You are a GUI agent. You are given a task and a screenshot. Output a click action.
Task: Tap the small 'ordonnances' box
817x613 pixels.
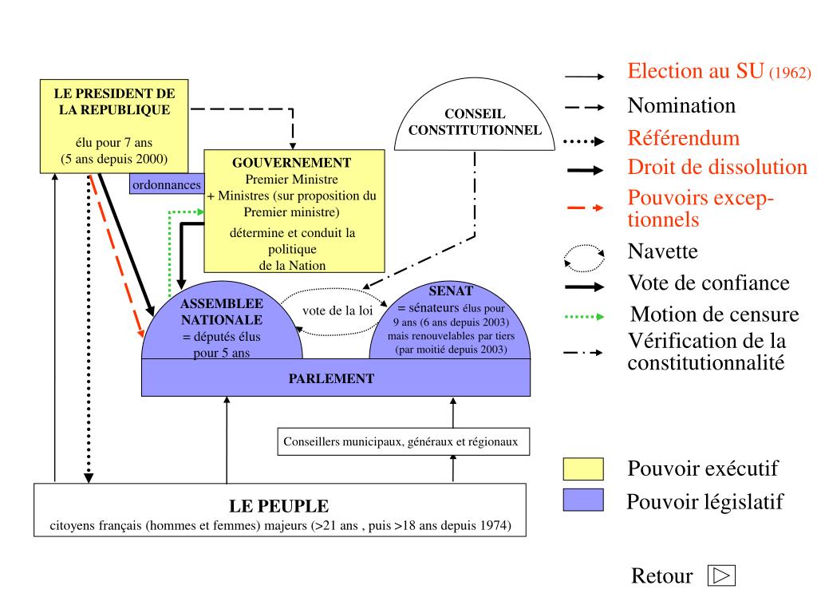pos(167,184)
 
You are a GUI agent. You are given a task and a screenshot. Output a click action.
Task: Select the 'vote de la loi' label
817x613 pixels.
pos(337,310)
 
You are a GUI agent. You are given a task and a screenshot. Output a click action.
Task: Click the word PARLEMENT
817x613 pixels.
pos(331,378)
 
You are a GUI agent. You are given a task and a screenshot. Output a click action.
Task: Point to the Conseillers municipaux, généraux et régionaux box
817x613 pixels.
pos(403,441)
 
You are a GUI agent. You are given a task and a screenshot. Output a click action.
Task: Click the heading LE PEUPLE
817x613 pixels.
pos(278,506)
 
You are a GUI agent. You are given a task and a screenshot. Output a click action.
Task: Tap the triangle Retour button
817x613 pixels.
pos(721,575)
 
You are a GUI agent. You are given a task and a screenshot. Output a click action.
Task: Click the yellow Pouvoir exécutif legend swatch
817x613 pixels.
pos(583,469)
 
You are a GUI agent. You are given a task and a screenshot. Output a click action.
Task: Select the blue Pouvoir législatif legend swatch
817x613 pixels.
pos(583,500)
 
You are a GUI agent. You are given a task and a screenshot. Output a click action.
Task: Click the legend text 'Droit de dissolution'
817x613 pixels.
pos(717,168)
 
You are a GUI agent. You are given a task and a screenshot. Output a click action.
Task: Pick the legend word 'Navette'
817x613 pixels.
pos(662,252)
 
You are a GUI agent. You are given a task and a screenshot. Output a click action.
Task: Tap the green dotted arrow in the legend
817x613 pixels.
pos(584,316)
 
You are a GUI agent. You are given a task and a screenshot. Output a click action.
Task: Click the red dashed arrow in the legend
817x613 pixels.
pos(584,208)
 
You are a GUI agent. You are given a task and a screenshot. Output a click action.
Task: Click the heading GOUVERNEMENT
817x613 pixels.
pos(291,163)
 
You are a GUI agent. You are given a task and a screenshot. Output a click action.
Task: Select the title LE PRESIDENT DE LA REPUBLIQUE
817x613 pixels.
pos(114,101)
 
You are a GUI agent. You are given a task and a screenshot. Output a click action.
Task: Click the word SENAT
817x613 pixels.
pos(451,291)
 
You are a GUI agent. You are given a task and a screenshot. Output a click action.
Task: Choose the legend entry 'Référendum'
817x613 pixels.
pos(683,138)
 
